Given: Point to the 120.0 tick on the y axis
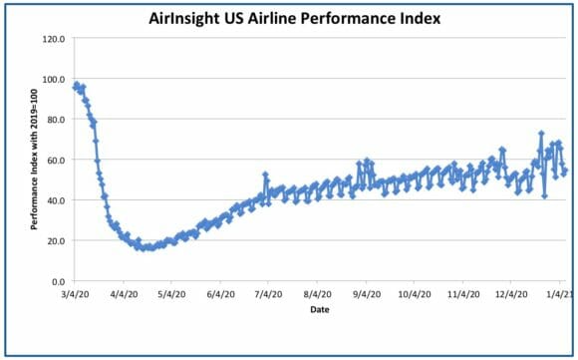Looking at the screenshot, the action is point(54,38).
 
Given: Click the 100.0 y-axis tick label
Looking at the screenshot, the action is point(54,79).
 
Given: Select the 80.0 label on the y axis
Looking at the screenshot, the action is point(56,120).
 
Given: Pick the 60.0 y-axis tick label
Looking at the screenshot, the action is point(56,161).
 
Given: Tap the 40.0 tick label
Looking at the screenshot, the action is point(56,200).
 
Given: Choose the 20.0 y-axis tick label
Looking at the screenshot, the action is point(56,241).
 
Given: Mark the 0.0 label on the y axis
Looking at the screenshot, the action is point(58,282).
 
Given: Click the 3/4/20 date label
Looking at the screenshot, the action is point(76,294).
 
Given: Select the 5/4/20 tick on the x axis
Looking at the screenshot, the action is point(171,294).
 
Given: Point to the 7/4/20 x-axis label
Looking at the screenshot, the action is point(268,294).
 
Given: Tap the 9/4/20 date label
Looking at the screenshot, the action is point(366,294).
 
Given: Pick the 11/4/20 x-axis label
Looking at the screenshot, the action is point(463,294).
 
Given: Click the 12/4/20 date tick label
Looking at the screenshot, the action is point(511,294).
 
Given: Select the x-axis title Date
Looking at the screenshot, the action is point(320,309).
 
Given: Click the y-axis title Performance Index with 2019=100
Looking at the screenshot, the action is point(34,160).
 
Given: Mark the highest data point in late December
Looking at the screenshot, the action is point(541,134).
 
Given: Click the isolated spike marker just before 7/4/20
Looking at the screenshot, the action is point(265,175).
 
